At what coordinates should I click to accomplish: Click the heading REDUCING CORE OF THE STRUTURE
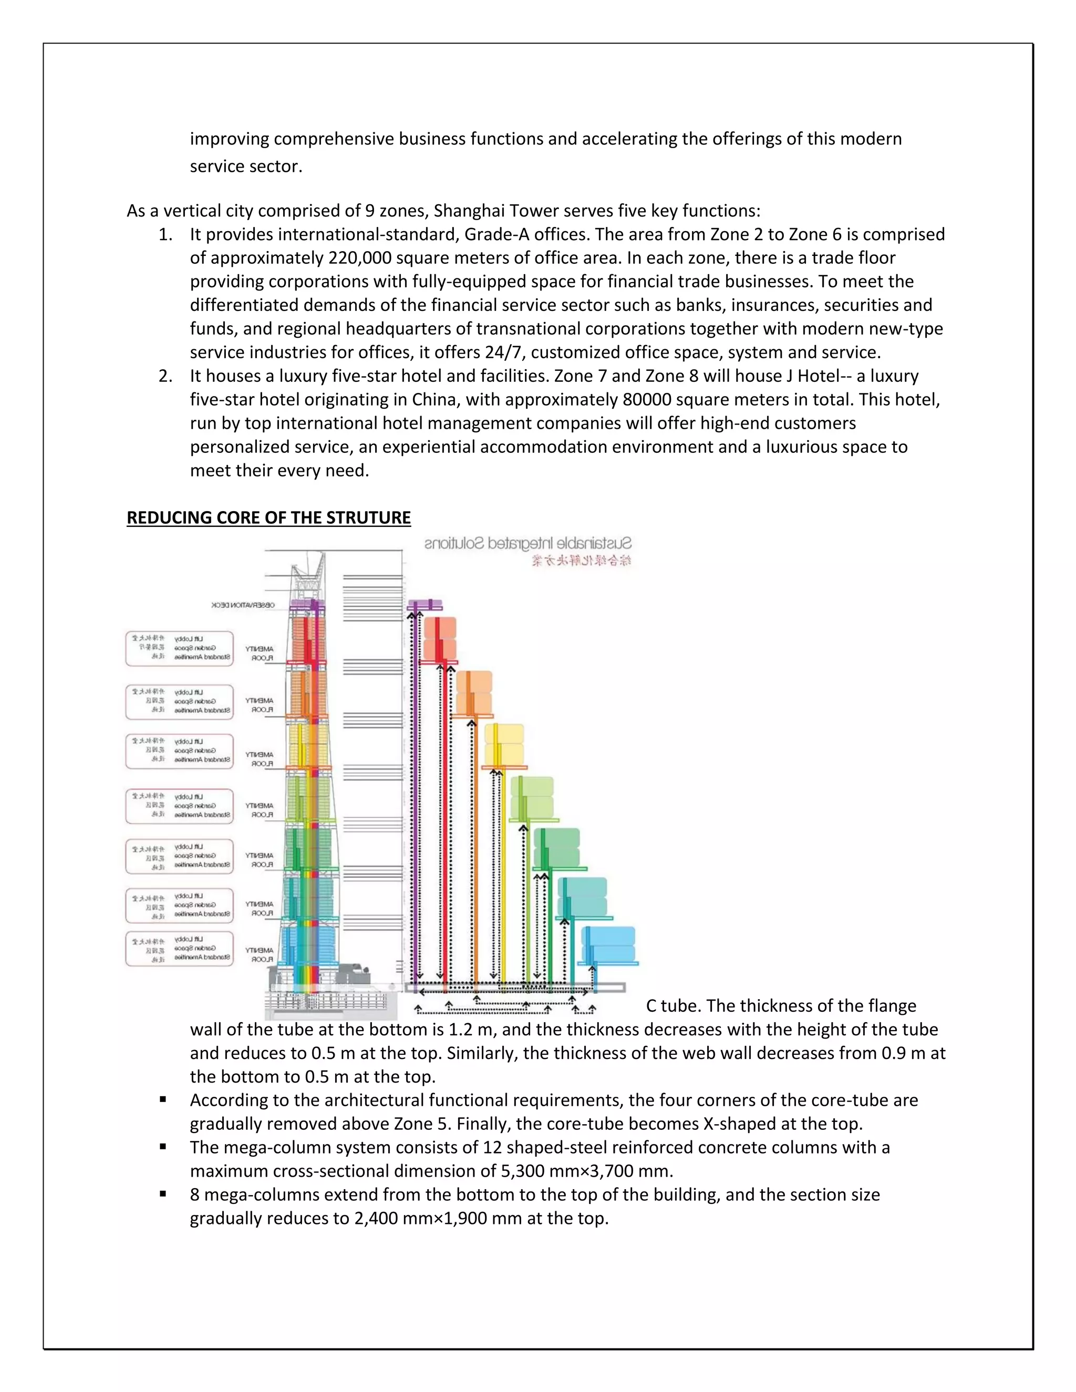tap(268, 517)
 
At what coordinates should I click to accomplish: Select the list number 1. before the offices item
tap(165, 235)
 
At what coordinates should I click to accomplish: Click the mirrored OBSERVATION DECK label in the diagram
tap(243, 605)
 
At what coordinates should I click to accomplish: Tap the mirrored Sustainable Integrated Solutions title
tap(528, 544)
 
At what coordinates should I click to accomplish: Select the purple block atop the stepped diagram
tap(425, 605)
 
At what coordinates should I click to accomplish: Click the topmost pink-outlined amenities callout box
tap(179, 648)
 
